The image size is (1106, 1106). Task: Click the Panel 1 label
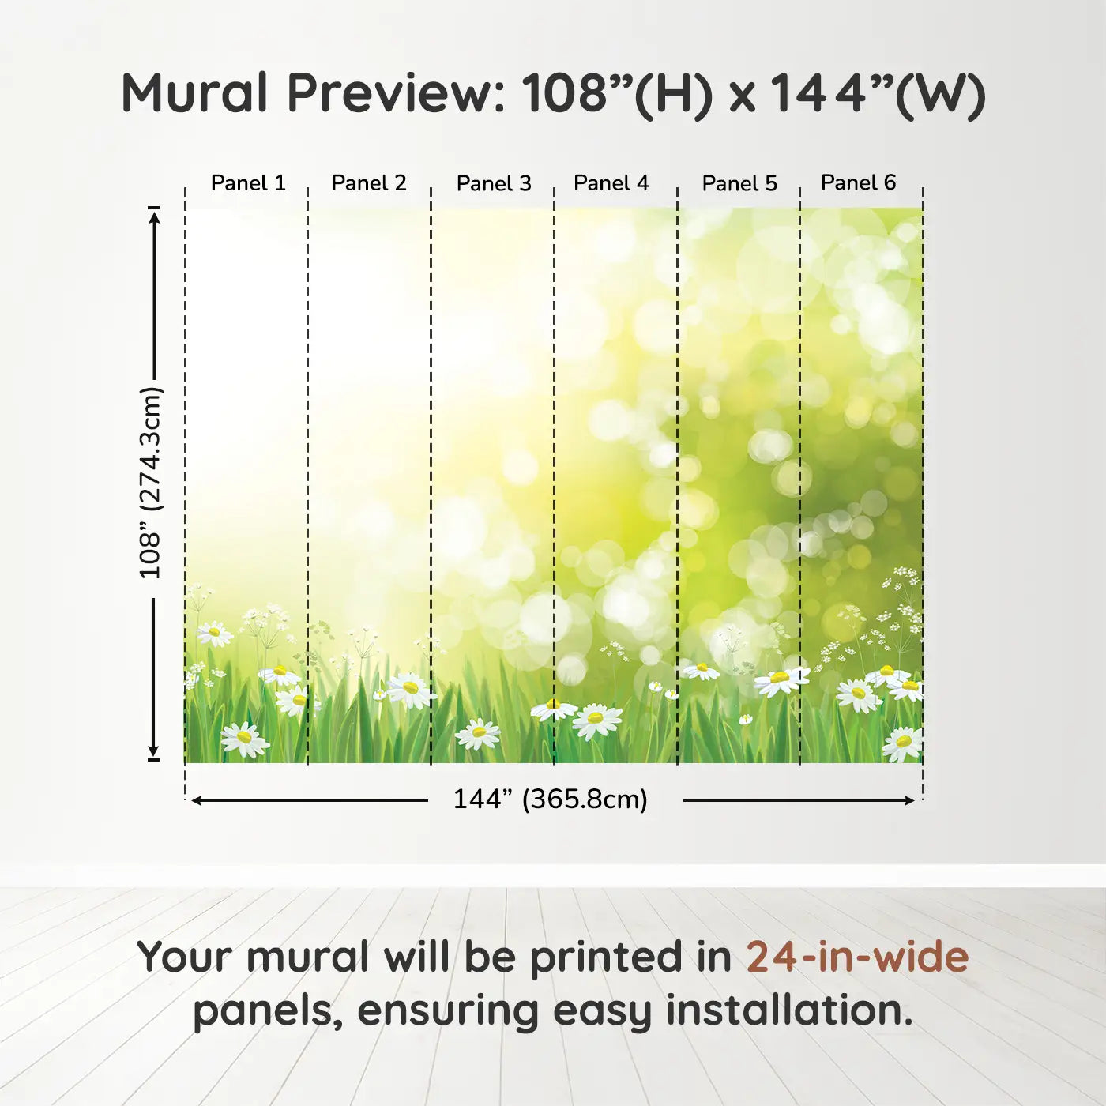(248, 183)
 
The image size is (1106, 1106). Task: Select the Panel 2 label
(369, 183)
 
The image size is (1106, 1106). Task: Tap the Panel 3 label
(494, 183)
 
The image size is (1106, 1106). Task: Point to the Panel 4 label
(611, 183)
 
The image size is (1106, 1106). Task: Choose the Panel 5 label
(739, 183)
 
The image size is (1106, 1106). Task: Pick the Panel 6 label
(858, 182)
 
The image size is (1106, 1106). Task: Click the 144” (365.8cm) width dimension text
(551, 799)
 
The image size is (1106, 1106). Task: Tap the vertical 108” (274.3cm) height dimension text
(150, 482)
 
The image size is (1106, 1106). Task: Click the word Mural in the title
(194, 93)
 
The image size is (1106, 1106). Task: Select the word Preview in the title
(396, 94)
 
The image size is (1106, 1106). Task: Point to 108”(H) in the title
(617, 96)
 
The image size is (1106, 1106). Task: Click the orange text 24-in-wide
(857, 957)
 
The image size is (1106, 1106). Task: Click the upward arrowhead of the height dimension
(154, 217)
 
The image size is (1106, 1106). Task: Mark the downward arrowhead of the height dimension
(153, 750)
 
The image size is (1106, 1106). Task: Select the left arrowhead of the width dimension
(197, 800)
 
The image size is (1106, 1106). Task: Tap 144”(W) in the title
(877, 96)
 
